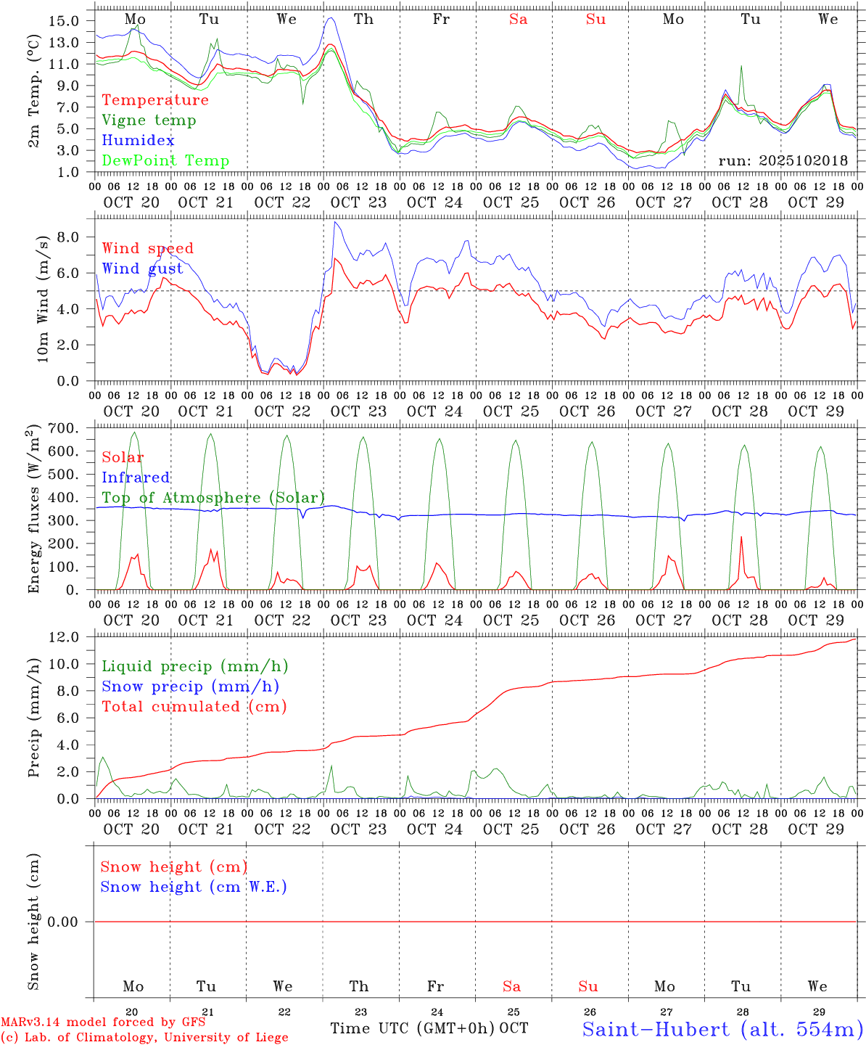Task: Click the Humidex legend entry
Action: coord(138,141)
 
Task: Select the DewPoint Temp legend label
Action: coord(165,161)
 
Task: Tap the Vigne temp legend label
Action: coord(149,120)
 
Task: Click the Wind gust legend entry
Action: coord(142,269)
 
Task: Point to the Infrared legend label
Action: coord(136,478)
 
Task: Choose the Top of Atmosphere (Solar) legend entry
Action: coord(213,498)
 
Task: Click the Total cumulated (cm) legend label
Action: coord(194,707)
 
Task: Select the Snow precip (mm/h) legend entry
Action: coord(190,687)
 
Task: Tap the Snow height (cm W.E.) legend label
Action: coord(193,887)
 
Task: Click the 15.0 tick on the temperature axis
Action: coord(64,20)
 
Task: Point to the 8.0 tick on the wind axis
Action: coord(68,237)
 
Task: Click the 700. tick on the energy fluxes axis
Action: coord(64,428)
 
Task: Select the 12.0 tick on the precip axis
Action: coord(64,637)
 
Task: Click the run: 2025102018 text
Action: coord(783,161)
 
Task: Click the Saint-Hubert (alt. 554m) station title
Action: coord(722,1029)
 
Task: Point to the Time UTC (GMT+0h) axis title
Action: coord(413,1028)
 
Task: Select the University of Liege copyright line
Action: coord(144,1038)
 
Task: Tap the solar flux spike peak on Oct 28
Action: coord(741,537)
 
